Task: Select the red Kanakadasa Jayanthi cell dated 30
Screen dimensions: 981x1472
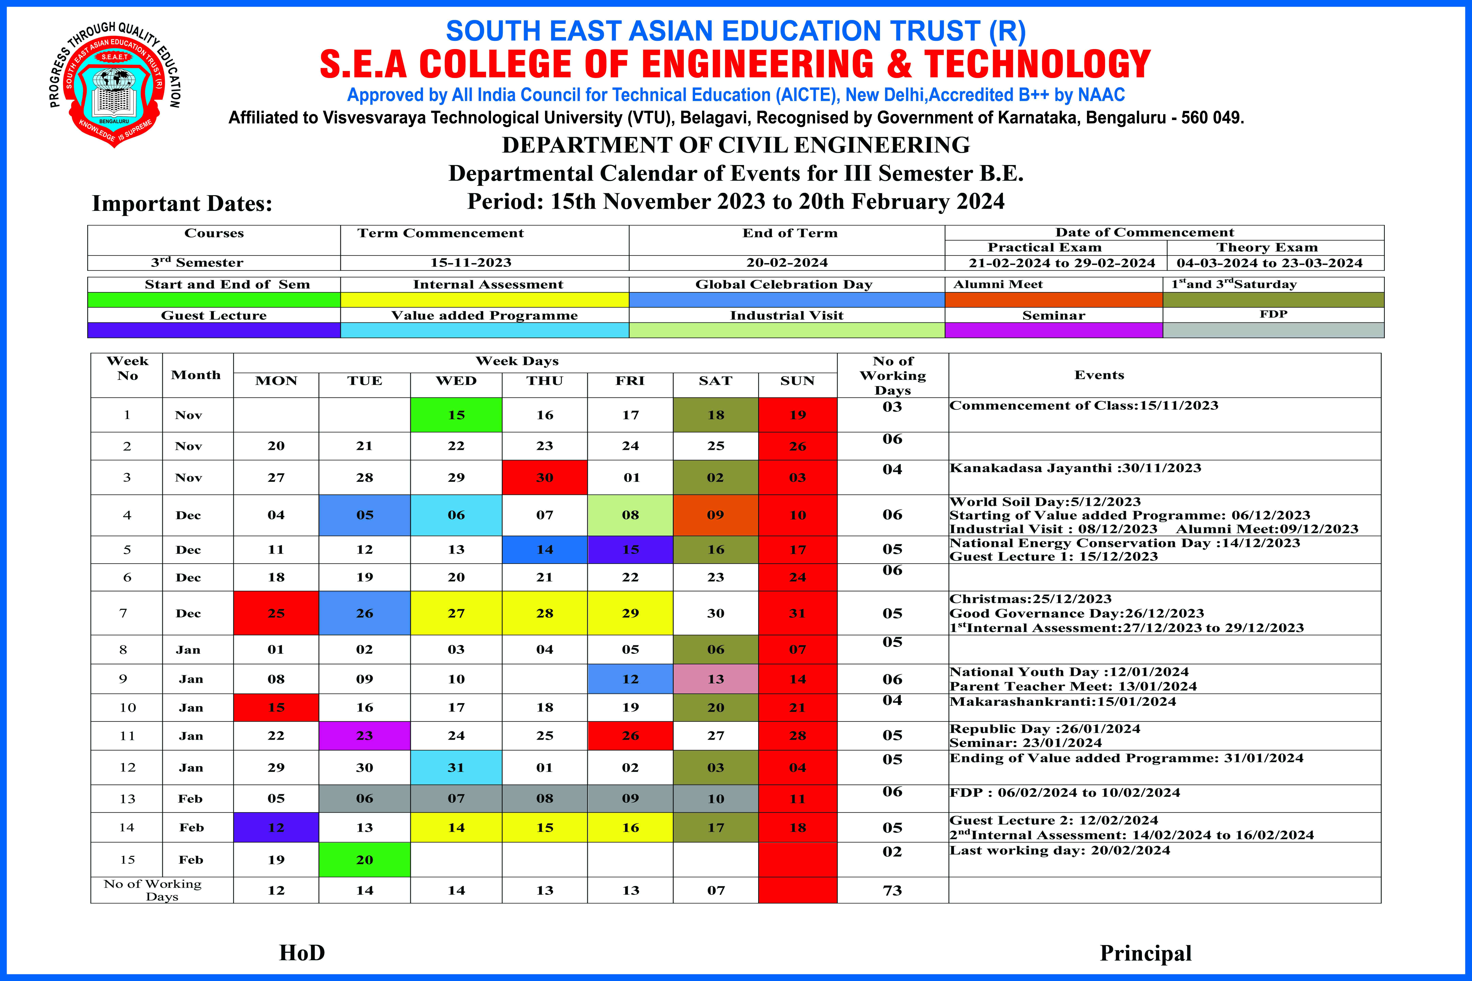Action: (545, 477)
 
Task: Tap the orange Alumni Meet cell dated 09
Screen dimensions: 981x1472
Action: (715, 515)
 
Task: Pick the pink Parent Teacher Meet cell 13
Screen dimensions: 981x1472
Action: (715, 679)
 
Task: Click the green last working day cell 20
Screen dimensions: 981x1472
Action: (364, 860)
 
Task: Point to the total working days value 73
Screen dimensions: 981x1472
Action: (892, 890)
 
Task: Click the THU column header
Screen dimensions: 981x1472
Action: (545, 381)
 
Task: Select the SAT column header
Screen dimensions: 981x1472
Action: (715, 381)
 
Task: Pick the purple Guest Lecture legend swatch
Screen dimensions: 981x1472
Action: (214, 330)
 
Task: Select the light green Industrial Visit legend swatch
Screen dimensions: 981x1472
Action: (787, 330)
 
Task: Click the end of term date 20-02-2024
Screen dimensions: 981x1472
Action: (787, 263)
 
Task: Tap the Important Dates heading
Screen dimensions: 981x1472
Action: (182, 203)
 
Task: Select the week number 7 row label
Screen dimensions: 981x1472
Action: (123, 613)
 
